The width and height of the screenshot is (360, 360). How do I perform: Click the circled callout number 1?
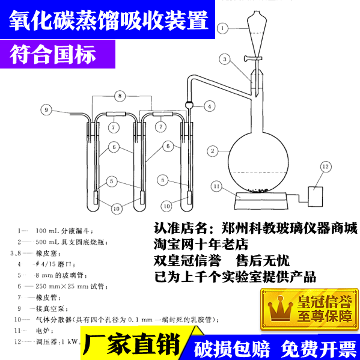coord(223,28)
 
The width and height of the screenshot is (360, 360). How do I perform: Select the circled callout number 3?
coord(224,59)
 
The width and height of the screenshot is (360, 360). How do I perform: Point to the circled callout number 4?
coord(209,106)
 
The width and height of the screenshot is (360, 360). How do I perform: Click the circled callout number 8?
coord(121,95)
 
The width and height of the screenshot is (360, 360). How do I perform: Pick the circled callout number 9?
coord(46,109)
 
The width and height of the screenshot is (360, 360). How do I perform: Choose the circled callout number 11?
coord(216,187)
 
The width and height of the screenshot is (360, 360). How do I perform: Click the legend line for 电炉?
coord(45,331)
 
